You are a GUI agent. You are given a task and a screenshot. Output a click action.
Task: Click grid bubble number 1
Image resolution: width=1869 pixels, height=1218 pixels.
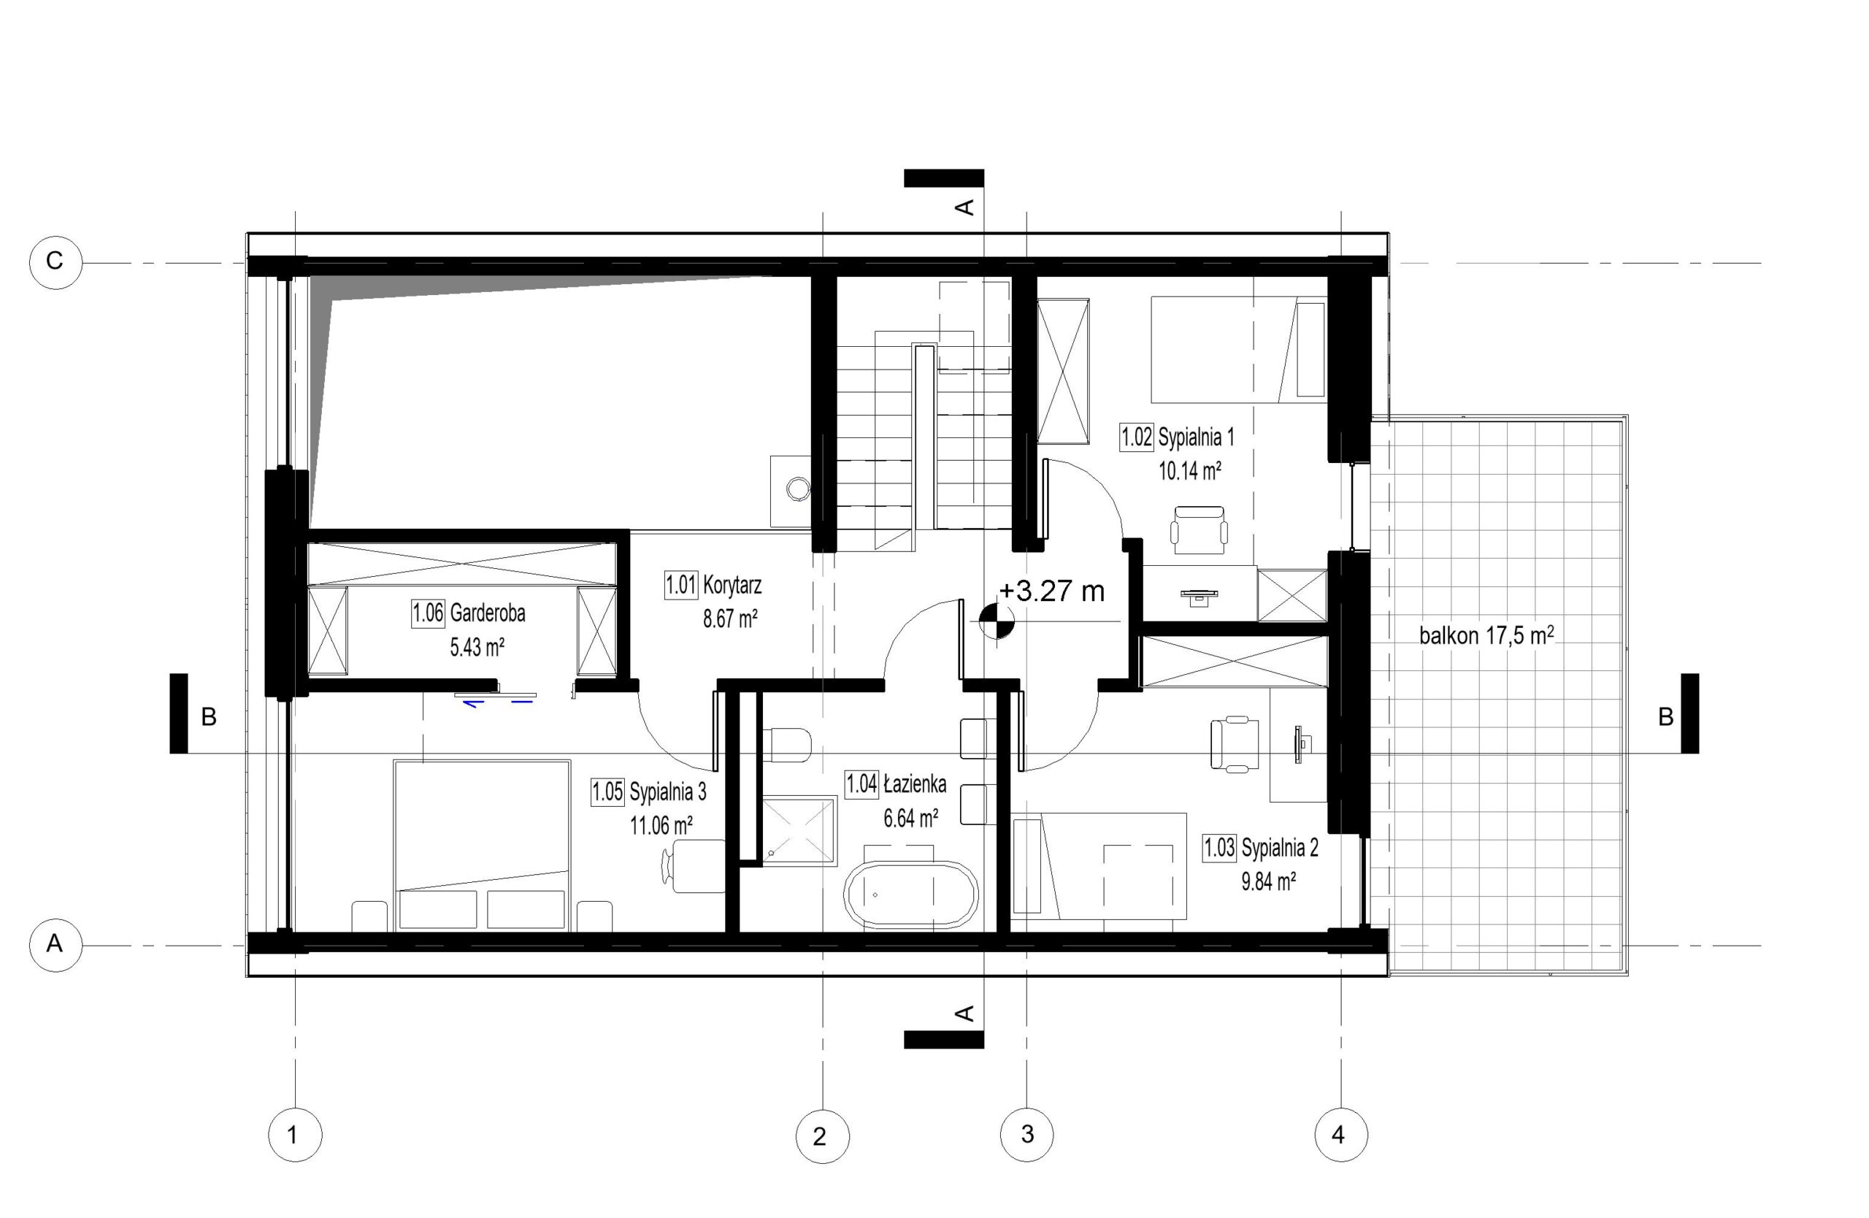294,1134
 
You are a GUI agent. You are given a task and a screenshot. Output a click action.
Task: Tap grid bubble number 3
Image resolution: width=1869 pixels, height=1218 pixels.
1027,1134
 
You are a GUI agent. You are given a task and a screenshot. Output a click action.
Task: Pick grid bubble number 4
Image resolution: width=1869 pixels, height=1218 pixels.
1340,1134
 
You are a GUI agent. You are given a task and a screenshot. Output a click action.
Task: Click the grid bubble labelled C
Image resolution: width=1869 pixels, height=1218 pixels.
55,261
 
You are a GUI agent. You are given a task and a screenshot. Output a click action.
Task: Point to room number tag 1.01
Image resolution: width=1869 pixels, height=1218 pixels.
681,585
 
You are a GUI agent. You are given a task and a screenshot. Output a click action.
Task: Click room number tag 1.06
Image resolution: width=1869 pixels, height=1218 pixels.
428,613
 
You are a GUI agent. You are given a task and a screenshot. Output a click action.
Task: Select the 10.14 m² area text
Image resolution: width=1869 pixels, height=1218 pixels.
1190,470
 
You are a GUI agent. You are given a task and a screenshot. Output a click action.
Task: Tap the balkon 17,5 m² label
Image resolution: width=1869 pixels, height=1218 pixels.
1486,635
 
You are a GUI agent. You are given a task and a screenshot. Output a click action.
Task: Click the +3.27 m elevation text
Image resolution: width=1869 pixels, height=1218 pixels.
1051,591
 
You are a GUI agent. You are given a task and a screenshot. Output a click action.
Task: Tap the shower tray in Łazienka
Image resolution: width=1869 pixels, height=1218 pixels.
799,832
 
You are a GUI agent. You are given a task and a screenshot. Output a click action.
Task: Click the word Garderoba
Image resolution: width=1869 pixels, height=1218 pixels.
488,613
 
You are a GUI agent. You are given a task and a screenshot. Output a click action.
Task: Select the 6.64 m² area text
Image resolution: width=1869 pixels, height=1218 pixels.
911,819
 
